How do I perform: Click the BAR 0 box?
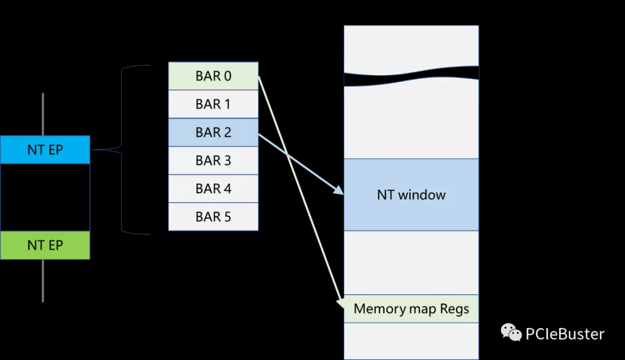click(213, 76)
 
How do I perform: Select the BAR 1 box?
click(213, 105)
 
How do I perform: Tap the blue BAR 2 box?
click(213, 133)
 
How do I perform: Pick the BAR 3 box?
click(213, 161)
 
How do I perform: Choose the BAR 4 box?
click(213, 189)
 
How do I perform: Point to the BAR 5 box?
click(213, 217)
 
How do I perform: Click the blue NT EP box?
click(45, 150)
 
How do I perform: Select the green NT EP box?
click(45, 245)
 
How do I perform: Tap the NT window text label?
click(411, 195)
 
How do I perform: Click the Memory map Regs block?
click(411, 308)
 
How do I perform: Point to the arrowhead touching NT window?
click(339, 192)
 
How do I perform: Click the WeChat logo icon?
click(511, 333)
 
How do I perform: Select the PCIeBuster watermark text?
click(565, 334)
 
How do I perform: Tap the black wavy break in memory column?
click(411, 76)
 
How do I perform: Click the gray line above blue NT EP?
click(43, 113)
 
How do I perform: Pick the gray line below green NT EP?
click(43, 280)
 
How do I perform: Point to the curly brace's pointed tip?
click(94, 150)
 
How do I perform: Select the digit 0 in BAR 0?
click(227, 76)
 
